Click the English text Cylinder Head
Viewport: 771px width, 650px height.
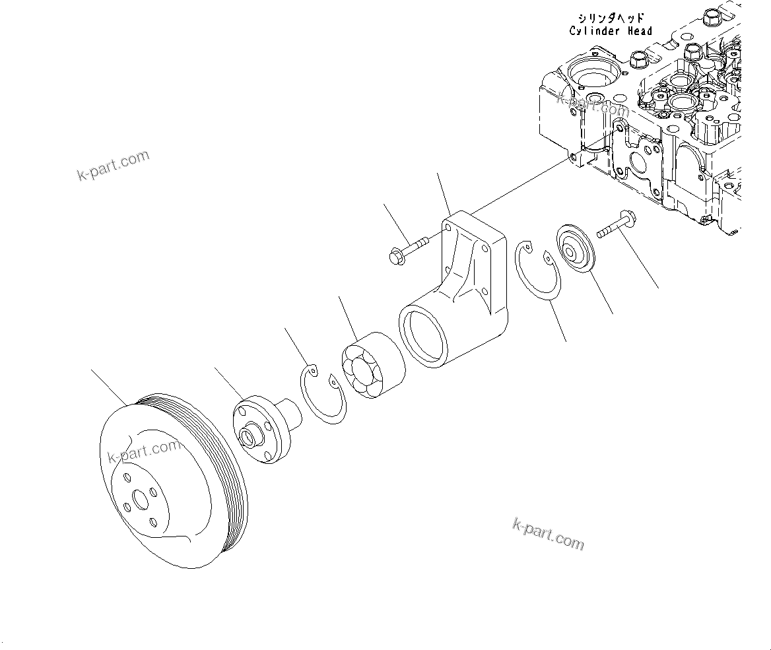(x=611, y=31)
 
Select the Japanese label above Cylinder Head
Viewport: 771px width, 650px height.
(x=611, y=18)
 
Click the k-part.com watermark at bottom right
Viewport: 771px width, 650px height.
(x=548, y=534)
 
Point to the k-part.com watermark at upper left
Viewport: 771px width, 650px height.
(x=113, y=166)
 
